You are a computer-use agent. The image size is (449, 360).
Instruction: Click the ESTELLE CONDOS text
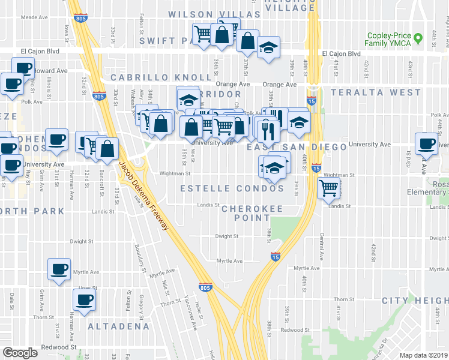pos(232,188)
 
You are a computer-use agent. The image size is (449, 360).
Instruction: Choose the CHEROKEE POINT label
pos(252,209)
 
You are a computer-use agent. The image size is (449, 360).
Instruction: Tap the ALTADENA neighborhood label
pos(118,326)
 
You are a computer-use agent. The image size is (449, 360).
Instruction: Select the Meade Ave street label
pos(34,18)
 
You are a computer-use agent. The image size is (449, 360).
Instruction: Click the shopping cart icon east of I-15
pos(328,188)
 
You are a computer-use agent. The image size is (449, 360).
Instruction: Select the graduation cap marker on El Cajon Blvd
pos(268,48)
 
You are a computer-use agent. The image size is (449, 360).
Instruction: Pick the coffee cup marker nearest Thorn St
pos(83,300)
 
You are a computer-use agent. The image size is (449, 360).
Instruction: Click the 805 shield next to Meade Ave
pos(80,19)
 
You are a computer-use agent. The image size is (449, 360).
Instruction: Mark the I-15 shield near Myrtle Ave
pos(275,257)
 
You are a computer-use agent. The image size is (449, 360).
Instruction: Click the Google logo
pos(20,352)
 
